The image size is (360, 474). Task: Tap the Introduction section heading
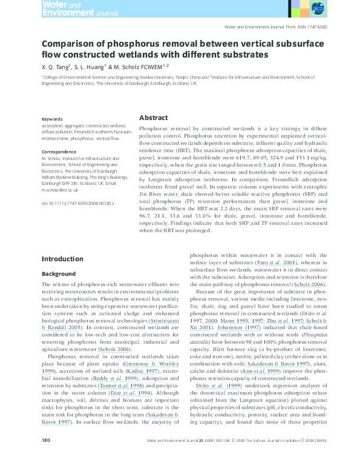pyautogui.click(x=62, y=259)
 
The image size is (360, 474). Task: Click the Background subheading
pyautogui.click(x=58, y=274)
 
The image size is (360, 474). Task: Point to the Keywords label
pyautogui.click(x=53, y=119)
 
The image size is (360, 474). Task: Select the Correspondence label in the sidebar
pyautogui.click(x=59, y=151)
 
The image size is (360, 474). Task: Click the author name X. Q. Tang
pyautogui.click(x=55, y=67)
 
